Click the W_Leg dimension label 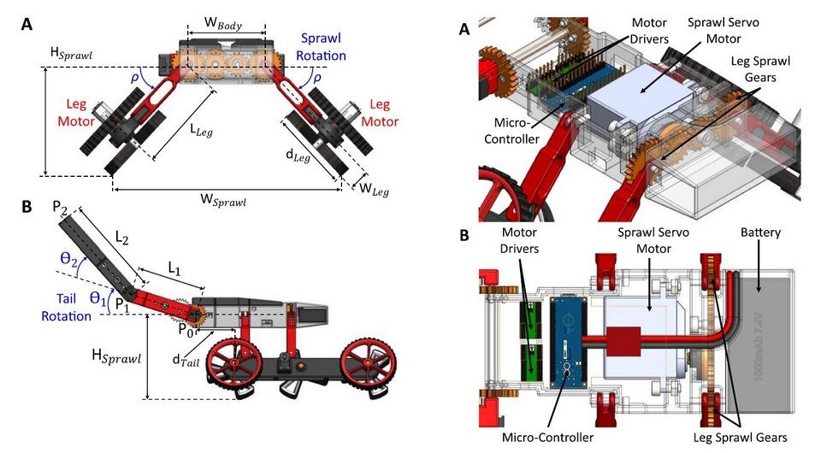point(373,189)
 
